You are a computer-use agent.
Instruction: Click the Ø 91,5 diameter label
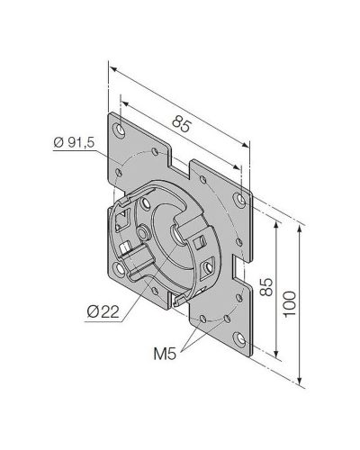tap(74, 142)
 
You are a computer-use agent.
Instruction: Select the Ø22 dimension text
tap(103, 312)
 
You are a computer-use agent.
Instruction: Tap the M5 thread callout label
tap(165, 354)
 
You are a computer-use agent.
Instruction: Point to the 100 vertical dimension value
tap(290, 303)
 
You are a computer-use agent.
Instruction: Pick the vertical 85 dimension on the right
tap(266, 287)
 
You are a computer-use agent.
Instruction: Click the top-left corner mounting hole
tap(120, 130)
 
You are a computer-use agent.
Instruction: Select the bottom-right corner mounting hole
tap(240, 339)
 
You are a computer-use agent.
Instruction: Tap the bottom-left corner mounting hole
tap(120, 268)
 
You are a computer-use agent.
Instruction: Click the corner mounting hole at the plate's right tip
tap(240, 200)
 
